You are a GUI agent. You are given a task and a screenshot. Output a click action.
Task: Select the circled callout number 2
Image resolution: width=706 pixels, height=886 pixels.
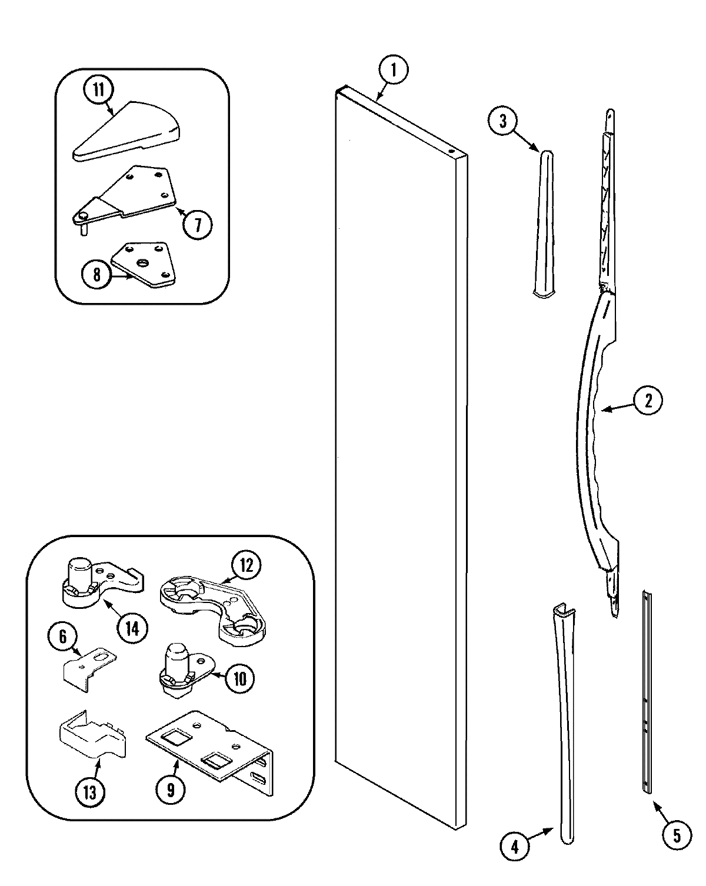pyautogui.click(x=647, y=401)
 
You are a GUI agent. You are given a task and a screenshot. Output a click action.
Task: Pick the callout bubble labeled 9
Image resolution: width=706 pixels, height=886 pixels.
pyautogui.click(x=170, y=790)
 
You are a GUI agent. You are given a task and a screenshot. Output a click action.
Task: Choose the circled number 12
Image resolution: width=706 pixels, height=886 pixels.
pyautogui.click(x=245, y=565)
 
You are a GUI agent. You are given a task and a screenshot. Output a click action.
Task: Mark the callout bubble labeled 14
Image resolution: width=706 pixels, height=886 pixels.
pyautogui.click(x=131, y=628)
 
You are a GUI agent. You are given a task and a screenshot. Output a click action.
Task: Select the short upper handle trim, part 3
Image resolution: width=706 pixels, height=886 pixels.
pyautogui.click(x=542, y=224)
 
